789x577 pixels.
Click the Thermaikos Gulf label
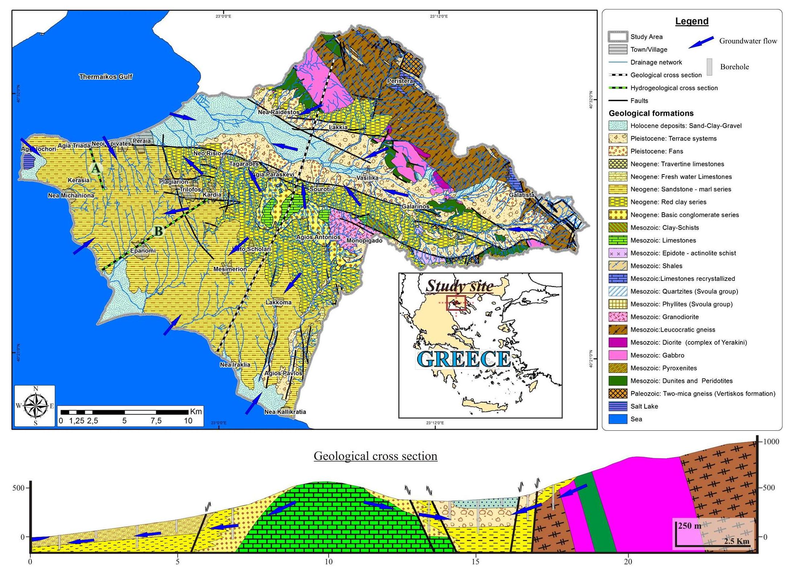(106, 77)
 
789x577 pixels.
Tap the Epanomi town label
(143, 250)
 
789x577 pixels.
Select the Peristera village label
(400, 81)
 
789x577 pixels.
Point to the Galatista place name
(522, 195)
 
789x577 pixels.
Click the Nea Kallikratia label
(285, 412)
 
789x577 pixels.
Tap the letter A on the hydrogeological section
(95, 168)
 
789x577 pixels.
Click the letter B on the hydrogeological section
(159, 231)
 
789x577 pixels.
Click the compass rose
(35, 406)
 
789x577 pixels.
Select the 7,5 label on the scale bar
(156, 421)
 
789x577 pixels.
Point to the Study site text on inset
(459, 286)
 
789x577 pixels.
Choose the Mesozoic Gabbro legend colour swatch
(618, 355)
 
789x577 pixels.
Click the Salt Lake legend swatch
(618, 406)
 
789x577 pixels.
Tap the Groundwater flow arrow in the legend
(701, 42)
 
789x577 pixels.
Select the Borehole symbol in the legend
(709, 67)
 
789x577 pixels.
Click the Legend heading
(691, 21)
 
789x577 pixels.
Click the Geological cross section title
(375, 456)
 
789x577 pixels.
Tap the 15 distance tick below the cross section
(476, 561)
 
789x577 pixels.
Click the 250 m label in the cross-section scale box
(689, 525)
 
